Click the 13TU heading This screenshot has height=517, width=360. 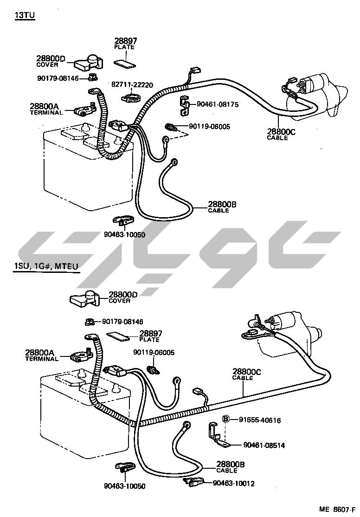25,15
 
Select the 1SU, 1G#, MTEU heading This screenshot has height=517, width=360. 45,265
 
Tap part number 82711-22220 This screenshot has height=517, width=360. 132,85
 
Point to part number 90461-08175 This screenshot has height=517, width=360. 218,105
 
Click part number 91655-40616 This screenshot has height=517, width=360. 260,420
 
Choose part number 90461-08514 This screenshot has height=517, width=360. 264,446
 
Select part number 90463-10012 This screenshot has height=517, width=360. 233,484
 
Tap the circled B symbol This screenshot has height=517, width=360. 226,420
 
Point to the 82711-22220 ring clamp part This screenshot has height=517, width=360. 131,98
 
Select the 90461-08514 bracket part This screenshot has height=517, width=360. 216,436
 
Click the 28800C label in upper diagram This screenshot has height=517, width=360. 281,132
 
